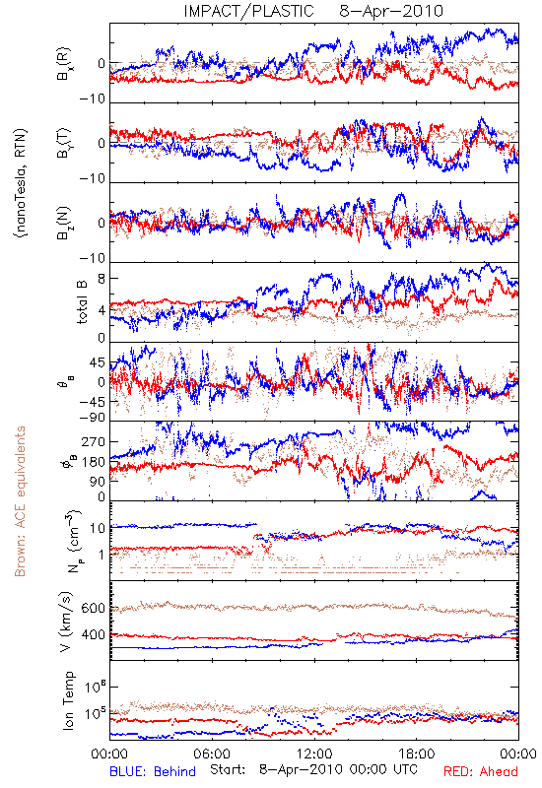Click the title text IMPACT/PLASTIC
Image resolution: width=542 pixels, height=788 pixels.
[248, 11]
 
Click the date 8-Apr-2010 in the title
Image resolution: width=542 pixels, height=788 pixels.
[391, 11]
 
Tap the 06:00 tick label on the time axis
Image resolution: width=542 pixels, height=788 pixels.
[212, 754]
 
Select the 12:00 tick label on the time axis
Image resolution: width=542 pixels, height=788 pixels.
[314, 754]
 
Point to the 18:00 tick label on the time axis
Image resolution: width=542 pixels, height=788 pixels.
[417, 754]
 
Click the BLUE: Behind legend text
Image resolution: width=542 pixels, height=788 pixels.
[153, 771]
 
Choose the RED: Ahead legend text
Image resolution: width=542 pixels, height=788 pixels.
[481, 771]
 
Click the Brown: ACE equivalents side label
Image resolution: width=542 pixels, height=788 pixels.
[20, 501]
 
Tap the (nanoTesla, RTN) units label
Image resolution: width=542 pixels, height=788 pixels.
[21, 182]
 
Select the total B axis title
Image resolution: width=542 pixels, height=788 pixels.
[82, 302]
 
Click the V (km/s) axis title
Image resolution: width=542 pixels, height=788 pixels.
[66, 622]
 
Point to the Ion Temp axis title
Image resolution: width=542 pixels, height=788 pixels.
[68, 700]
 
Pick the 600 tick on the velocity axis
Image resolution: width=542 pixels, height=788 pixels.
[93, 608]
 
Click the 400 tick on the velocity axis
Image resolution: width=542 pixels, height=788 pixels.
[93, 635]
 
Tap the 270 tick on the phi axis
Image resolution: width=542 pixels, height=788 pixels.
[94, 442]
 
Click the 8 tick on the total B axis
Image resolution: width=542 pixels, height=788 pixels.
[102, 279]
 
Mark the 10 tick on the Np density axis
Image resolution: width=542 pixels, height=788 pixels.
[98, 529]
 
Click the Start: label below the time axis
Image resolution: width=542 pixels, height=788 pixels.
[229, 769]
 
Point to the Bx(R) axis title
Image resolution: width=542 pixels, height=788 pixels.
[64, 64]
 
